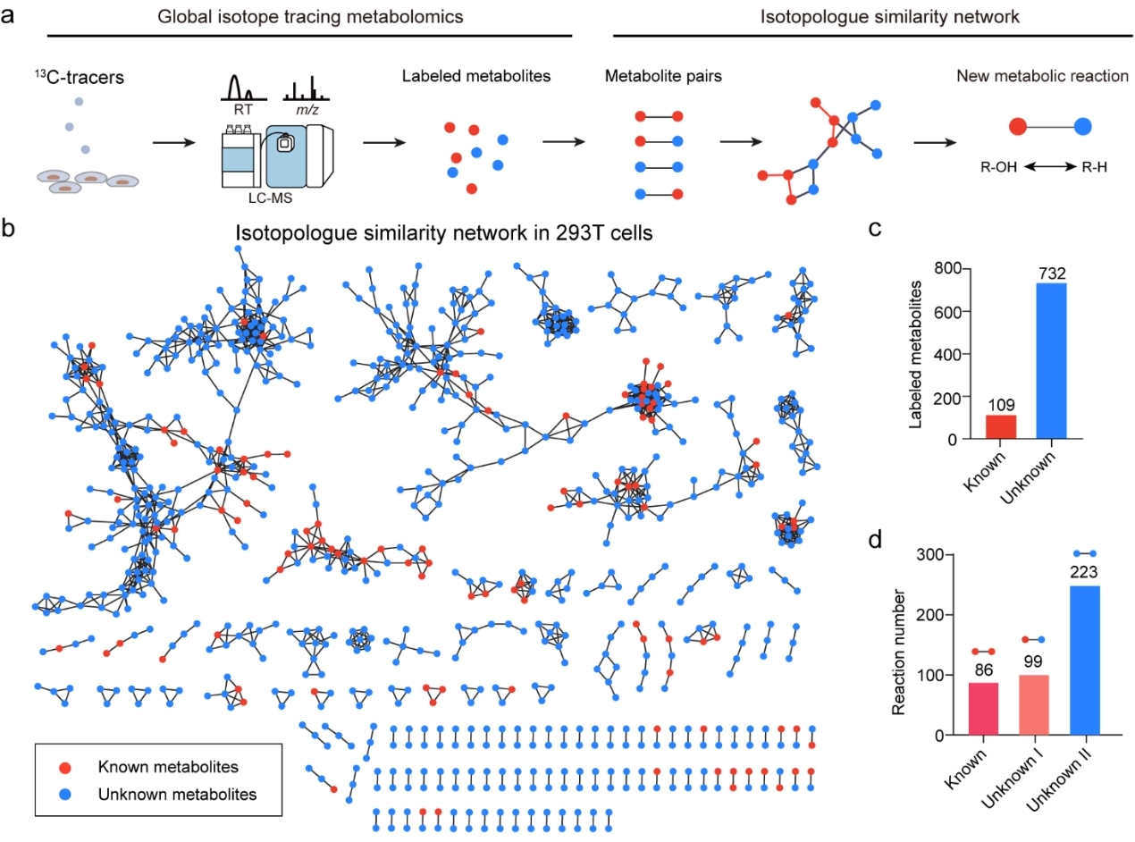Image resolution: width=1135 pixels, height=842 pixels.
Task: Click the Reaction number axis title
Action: [901, 644]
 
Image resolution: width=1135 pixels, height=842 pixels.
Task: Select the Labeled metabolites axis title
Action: [915, 353]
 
